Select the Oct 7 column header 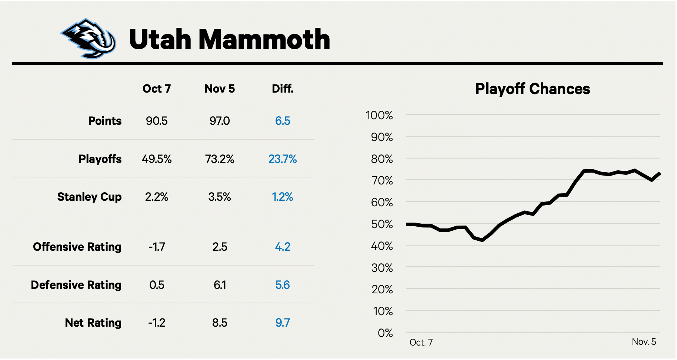click(157, 89)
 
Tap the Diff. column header click(283, 89)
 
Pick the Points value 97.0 click(220, 121)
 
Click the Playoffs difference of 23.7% click(283, 159)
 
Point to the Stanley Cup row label click(89, 197)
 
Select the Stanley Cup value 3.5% click(220, 197)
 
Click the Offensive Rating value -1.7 click(157, 247)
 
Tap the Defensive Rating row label click(76, 285)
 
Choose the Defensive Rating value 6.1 click(220, 285)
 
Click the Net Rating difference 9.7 click(283, 323)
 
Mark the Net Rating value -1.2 click(157, 323)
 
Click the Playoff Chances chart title click(533, 89)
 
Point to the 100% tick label click(379, 116)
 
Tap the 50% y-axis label click(382, 224)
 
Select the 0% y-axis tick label click(385, 333)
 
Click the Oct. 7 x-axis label click(421, 343)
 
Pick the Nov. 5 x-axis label click(644, 342)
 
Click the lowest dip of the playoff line click(482, 240)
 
